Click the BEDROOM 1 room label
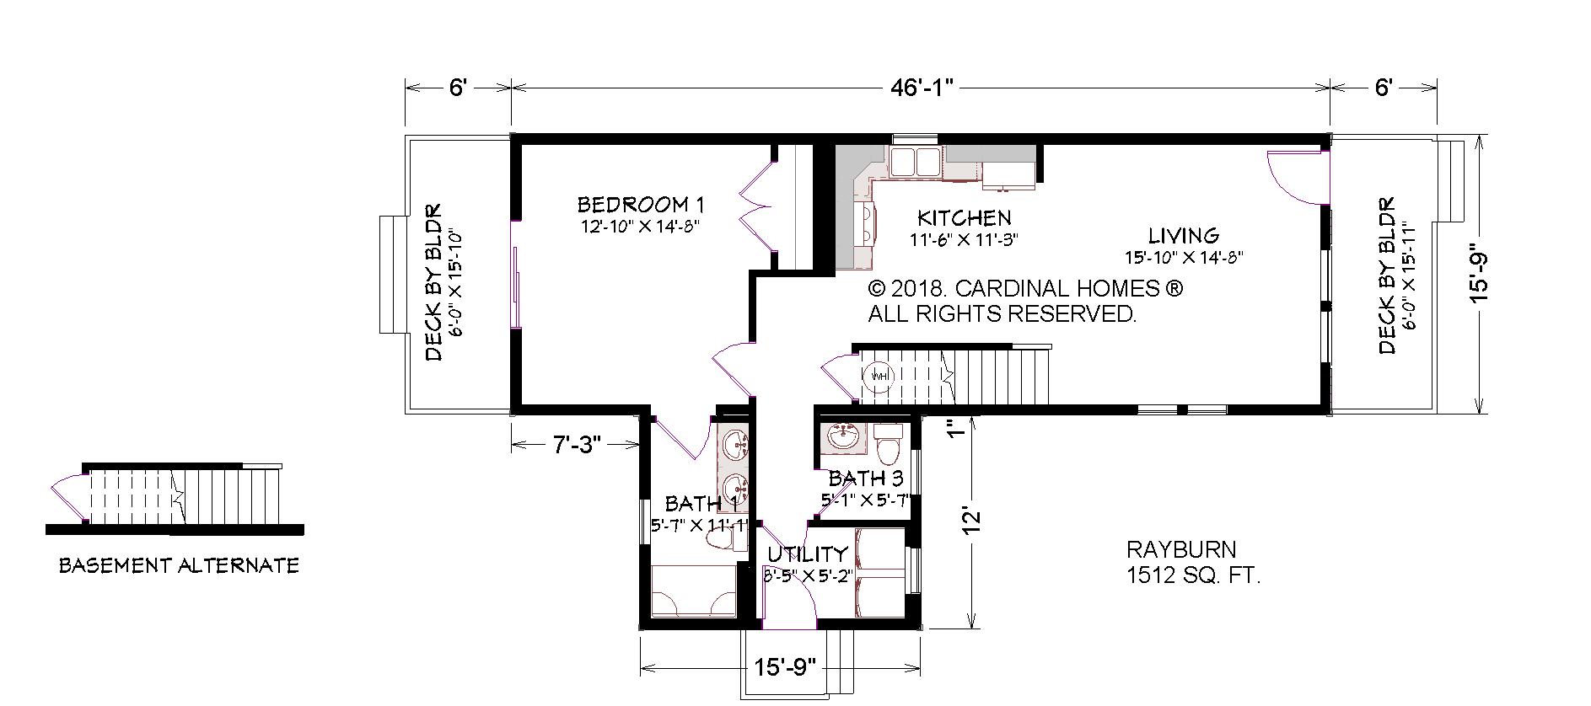coord(640,204)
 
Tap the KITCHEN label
coord(965,217)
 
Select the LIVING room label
coord(1183,235)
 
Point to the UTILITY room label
coord(807,554)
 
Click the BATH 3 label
coord(866,479)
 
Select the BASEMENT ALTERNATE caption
coord(179,565)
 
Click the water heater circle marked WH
coord(879,375)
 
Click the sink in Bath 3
coord(843,436)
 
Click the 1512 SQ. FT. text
coord(1193,576)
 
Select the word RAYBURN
coord(1181,550)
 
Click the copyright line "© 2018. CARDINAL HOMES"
coord(1025,288)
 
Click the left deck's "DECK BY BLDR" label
coord(433,283)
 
